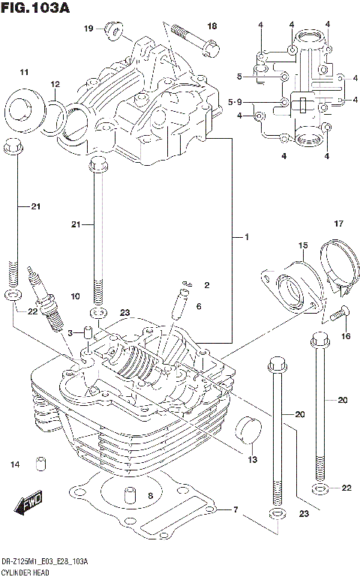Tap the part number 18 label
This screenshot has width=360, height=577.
(211, 26)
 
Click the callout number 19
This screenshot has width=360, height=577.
(88, 29)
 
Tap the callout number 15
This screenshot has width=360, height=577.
(303, 245)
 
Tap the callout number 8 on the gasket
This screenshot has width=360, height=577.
(150, 495)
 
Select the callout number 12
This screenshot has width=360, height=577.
(55, 83)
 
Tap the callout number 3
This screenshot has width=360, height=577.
(70, 332)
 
